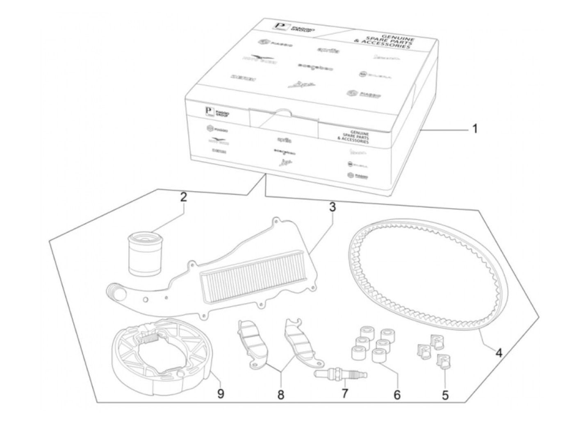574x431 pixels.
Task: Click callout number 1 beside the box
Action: coord(475,129)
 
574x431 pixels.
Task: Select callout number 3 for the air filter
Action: coord(332,207)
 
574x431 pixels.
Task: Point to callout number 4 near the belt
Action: coord(499,352)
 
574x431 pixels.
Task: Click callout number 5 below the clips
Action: coord(445,395)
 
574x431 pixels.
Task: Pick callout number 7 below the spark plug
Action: coord(344,393)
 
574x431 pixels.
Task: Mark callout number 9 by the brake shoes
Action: coord(221,394)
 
